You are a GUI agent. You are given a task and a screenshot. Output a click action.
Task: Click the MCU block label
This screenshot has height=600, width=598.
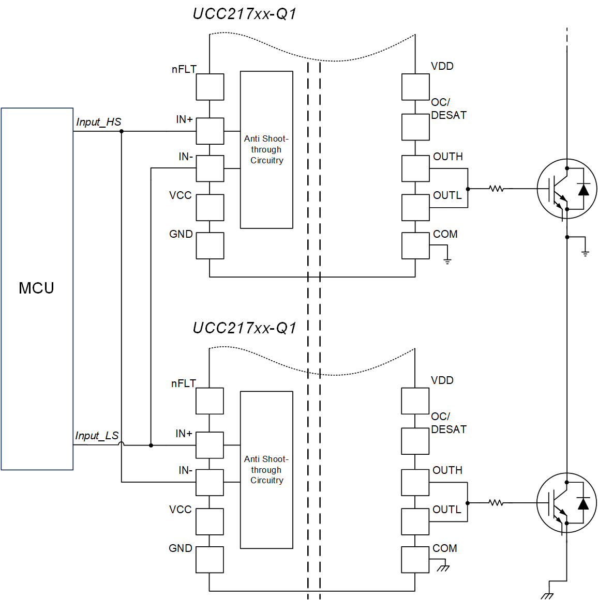[x=36, y=288]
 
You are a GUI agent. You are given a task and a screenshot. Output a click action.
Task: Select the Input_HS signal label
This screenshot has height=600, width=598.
[x=98, y=122]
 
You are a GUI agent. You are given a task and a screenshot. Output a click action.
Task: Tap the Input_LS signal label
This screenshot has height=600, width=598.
[x=97, y=436]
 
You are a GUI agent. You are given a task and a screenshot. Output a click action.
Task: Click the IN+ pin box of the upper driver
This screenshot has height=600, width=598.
[x=210, y=131]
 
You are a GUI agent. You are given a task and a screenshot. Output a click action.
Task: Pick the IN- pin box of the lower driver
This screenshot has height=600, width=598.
[x=210, y=482]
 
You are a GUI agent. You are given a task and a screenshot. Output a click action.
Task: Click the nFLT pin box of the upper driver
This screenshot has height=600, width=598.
[x=210, y=87]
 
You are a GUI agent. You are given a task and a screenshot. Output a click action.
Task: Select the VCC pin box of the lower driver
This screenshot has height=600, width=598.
[x=210, y=521]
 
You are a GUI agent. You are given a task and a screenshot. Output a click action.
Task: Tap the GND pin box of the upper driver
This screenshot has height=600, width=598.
[x=210, y=245]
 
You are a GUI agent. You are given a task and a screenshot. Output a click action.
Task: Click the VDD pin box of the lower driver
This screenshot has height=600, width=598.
[x=415, y=401]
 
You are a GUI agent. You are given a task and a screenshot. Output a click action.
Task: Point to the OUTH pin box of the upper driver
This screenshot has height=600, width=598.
[x=415, y=168]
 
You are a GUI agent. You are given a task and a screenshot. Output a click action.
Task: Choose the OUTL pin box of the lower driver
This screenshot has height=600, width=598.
[x=415, y=521]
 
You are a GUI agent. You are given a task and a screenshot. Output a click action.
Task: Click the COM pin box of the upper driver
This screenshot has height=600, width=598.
[x=415, y=245]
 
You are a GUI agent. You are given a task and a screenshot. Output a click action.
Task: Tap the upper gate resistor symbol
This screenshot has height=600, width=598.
[x=497, y=189]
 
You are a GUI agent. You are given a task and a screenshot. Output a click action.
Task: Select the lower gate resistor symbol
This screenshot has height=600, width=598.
[x=496, y=502]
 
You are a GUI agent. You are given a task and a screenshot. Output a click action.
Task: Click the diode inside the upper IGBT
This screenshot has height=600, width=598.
[x=584, y=190]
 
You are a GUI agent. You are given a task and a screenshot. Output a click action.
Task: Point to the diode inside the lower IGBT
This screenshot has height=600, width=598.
[x=583, y=503]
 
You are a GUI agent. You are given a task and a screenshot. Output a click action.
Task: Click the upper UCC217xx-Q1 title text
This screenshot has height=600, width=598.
[x=245, y=14]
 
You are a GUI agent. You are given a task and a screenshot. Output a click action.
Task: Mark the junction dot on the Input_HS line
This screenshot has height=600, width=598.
[x=122, y=131]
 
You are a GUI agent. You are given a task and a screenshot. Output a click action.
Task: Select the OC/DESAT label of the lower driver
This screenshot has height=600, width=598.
[x=449, y=423]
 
